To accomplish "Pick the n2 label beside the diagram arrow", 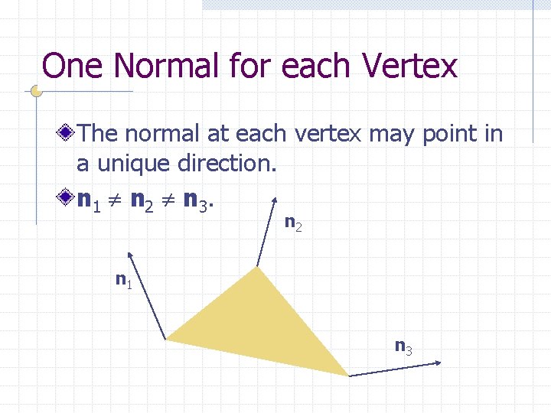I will pyautogui.click(x=293, y=223).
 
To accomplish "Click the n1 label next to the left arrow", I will pyautogui.click(x=123, y=280).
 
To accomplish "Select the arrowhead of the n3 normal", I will pyautogui.click(x=439, y=363).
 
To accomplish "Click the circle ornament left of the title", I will pyautogui.click(x=35, y=91).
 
